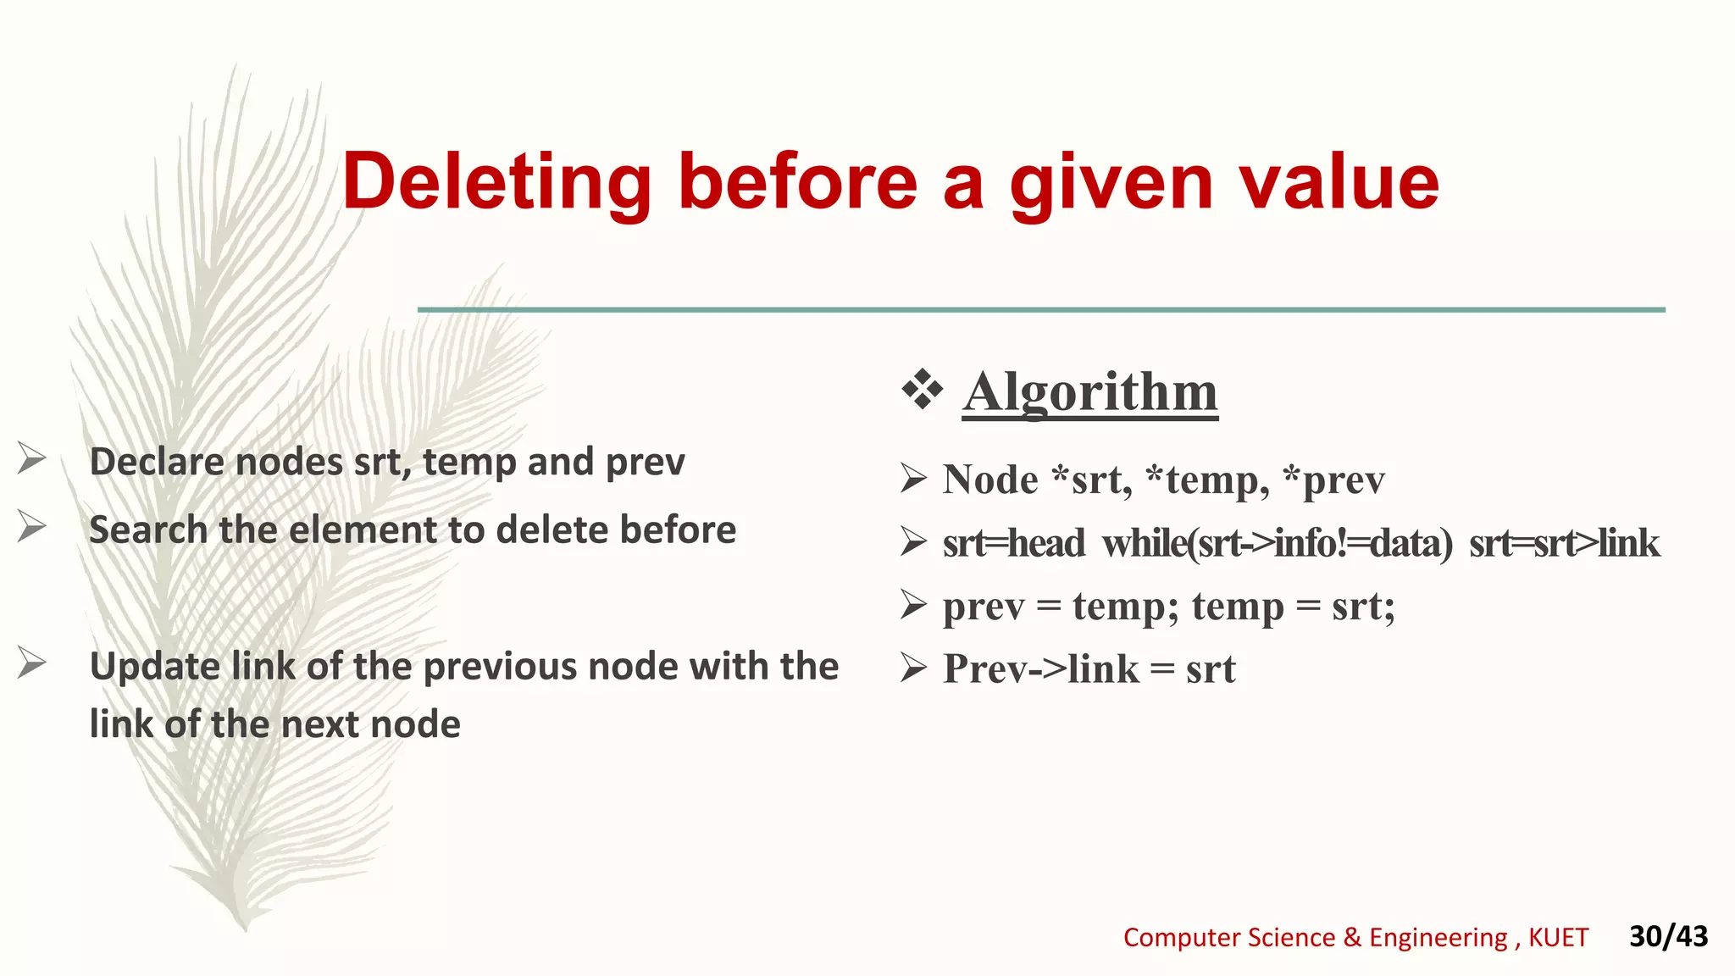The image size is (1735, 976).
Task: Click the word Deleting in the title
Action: pos(496,182)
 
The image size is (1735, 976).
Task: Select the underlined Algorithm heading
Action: pos(1090,392)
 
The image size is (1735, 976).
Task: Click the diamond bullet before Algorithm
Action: pos(922,391)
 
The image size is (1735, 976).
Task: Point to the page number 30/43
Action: pos(1668,936)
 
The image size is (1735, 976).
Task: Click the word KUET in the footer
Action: pos(1558,938)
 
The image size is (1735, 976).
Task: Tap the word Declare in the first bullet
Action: pos(157,463)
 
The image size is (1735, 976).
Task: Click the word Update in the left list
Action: pos(156,667)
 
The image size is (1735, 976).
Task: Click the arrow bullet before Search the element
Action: pos(32,526)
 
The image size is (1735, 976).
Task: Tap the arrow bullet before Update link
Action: pos(32,663)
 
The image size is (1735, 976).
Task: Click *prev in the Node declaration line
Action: pos(1333,480)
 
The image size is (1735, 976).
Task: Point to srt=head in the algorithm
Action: pos(1013,543)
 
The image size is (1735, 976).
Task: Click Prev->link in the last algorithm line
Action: pos(1041,669)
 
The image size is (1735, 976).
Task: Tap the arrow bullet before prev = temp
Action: pos(913,605)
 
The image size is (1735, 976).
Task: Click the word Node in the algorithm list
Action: pos(989,480)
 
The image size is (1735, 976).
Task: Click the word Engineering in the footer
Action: pos(1438,938)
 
